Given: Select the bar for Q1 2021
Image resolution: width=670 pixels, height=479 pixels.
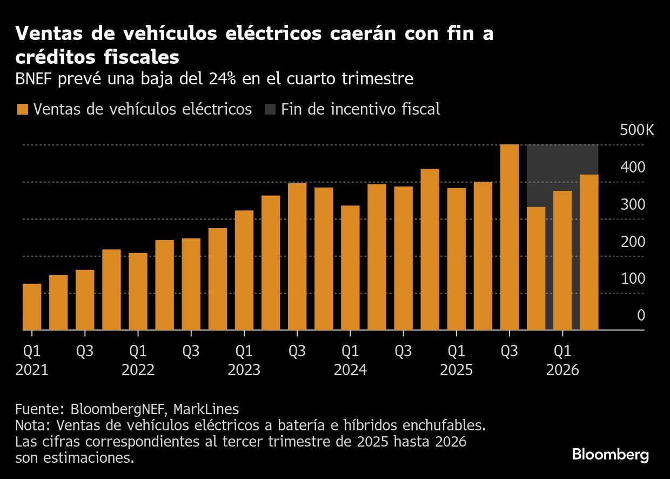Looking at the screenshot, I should (32, 307).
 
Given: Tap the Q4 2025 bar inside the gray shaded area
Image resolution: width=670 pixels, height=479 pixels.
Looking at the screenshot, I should (536, 268).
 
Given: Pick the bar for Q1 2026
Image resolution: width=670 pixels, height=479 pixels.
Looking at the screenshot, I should (562, 260).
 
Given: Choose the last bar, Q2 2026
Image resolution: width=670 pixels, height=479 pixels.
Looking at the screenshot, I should (589, 252).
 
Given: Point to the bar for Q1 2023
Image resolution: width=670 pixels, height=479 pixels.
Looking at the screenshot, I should (244, 270).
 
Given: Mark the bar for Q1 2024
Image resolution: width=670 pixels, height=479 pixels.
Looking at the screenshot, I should (350, 268).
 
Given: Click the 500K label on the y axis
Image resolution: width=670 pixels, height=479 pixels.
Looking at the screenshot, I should (637, 130).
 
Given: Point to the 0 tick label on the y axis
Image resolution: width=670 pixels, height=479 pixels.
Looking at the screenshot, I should (641, 315).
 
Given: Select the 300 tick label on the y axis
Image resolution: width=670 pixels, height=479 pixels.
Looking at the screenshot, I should (633, 204).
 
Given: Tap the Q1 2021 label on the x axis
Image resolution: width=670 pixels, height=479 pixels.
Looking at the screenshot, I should (32, 360).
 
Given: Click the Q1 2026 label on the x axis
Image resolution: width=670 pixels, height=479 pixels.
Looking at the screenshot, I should (562, 360).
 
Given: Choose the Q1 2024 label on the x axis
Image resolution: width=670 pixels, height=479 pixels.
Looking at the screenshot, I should (350, 360).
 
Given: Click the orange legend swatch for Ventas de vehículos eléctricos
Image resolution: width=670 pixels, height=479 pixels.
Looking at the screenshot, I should (22, 109).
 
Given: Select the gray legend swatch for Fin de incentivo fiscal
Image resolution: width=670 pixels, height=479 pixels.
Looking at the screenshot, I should (270, 109).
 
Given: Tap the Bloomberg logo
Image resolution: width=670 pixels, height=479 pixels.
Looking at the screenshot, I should (610, 455).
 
